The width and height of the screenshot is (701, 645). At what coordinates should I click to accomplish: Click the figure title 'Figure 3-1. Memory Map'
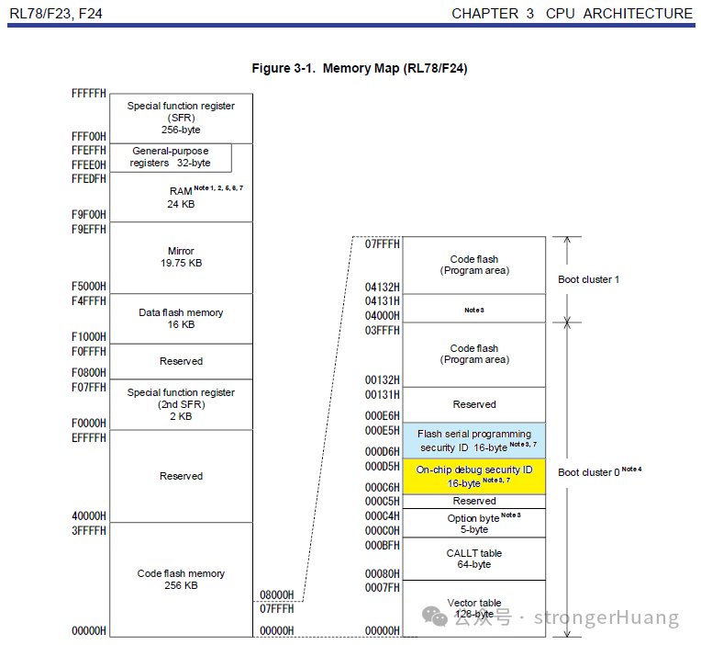pos(359,69)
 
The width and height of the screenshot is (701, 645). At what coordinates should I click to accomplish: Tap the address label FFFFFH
pos(88,94)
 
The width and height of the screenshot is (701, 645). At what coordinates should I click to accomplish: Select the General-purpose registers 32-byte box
pos(170,157)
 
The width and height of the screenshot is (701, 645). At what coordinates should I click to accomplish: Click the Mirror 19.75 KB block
pos(181,256)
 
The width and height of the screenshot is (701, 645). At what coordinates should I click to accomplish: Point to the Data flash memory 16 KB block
pos(181,318)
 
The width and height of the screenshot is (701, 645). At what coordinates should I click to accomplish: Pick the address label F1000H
pos(88,337)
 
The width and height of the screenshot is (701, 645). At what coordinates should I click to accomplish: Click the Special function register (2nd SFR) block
pos(181,404)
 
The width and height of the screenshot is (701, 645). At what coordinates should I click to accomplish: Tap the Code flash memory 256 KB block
pos(181,579)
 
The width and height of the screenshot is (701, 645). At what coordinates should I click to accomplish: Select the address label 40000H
pos(88,516)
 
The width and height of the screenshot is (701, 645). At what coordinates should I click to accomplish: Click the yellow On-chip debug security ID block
pos(474,476)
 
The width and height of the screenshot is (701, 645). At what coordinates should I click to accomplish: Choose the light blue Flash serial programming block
pos(474,440)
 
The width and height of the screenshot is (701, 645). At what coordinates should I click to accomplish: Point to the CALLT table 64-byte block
pos(474,559)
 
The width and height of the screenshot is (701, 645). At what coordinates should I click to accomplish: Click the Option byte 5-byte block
pos(474,523)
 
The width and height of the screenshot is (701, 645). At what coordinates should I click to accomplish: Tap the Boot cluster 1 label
pos(588,279)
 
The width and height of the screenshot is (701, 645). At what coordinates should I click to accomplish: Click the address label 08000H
pos(275,594)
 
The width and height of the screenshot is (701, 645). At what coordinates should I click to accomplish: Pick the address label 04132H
pos(383,287)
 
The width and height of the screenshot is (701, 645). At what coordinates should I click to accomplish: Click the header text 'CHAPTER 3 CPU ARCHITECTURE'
pos(573,14)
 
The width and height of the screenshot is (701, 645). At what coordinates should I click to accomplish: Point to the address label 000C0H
pos(383,531)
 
